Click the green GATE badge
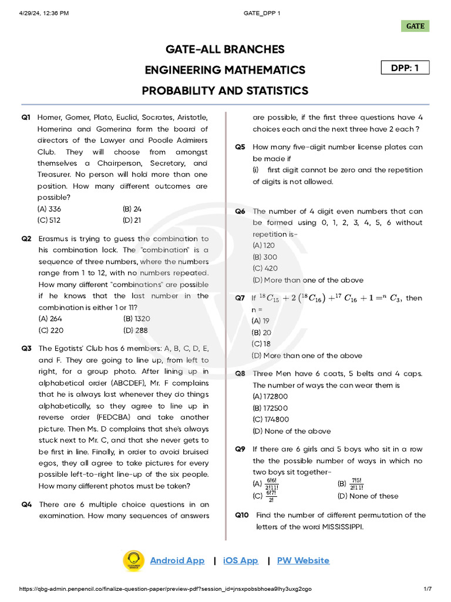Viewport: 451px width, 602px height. [415, 26]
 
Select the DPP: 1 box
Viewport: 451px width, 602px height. [405, 68]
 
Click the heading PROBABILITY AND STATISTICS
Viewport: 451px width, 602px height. [225, 91]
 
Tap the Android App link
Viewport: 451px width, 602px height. [177, 560]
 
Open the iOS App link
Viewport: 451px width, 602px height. [241, 560]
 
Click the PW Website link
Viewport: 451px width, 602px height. [303, 560]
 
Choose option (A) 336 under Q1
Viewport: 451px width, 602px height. [49, 209]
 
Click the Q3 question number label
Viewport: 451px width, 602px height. [26, 349]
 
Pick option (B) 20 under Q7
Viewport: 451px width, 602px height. [261, 333]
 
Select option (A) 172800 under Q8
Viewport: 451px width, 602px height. [270, 397]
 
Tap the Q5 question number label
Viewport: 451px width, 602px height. [240, 147]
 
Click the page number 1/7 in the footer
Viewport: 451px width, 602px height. [428, 589]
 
